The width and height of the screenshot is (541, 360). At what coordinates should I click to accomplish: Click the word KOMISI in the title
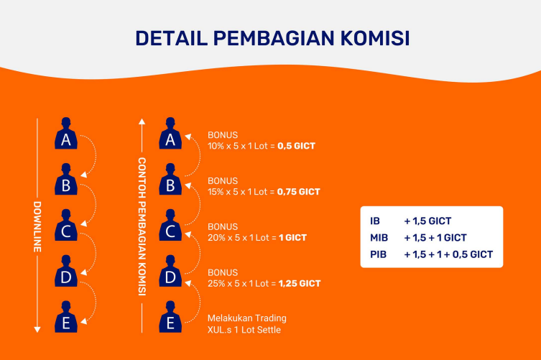(x=375, y=38)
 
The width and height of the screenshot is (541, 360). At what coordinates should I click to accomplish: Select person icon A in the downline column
(x=66, y=133)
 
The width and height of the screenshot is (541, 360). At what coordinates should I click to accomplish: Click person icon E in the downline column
(x=66, y=317)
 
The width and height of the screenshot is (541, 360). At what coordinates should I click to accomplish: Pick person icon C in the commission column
(x=170, y=225)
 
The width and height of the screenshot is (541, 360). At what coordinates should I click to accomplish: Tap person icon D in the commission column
(x=170, y=271)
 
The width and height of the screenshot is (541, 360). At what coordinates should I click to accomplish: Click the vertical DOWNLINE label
(x=37, y=227)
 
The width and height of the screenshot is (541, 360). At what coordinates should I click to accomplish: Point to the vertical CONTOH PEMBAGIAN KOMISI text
(x=142, y=227)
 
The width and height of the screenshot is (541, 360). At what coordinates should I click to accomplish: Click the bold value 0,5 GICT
(x=297, y=146)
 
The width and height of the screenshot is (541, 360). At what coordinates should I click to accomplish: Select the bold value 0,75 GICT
(x=299, y=192)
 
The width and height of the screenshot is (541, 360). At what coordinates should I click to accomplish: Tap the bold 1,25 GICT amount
(x=300, y=284)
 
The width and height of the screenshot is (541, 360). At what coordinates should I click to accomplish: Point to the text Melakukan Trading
(x=247, y=318)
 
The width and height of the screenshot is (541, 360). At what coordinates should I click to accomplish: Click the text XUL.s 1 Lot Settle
(x=244, y=330)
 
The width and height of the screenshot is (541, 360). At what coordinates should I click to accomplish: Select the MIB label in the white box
(x=379, y=238)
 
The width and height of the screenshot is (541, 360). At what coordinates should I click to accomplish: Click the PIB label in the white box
(x=378, y=254)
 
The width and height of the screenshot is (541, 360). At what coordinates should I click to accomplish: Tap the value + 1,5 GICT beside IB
(x=427, y=221)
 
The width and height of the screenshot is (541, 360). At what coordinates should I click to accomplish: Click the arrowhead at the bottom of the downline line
(x=37, y=330)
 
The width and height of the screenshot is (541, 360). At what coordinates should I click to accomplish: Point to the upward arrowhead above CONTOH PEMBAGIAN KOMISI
(x=142, y=121)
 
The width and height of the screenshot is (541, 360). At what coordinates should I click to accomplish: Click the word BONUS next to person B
(x=223, y=181)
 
